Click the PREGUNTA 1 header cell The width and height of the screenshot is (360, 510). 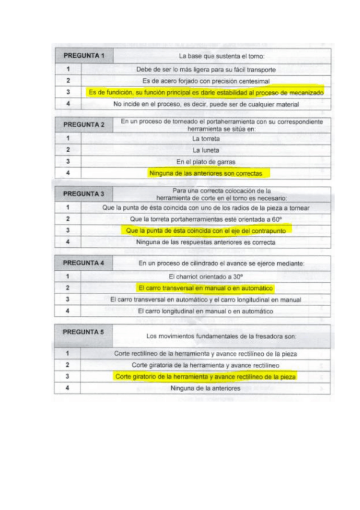[x=84, y=56]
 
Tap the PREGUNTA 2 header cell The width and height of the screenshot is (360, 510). [x=84, y=124]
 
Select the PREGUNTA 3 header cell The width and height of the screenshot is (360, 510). [x=84, y=194]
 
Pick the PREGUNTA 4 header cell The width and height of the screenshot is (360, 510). [x=84, y=263]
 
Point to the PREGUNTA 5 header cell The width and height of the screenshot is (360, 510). [x=84, y=332]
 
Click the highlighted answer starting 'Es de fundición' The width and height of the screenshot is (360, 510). [x=206, y=93]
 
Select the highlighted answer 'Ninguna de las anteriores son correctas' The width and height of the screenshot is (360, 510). [x=206, y=173]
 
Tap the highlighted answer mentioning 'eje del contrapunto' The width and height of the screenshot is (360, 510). [x=206, y=230]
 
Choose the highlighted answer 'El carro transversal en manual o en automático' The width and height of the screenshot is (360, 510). [x=206, y=288]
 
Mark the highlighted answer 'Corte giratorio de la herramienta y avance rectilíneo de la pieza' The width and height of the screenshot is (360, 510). [x=206, y=376]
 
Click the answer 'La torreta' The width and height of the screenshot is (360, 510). [x=206, y=138]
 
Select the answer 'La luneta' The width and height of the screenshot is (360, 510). [x=206, y=150]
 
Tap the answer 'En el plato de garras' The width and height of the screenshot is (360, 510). [x=206, y=162]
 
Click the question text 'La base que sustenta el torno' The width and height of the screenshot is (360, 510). [x=222, y=56]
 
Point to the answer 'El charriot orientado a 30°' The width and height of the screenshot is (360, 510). [x=206, y=277]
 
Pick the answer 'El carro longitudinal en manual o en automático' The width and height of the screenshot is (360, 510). [x=206, y=312]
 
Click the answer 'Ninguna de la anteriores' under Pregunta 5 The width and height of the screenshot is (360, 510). [x=206, y=389]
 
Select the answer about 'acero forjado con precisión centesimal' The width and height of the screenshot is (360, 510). [x=206, y=81]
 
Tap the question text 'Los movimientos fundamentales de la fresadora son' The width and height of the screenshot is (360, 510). [x=222, y=336]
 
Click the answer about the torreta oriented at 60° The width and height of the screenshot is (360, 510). [x=206, y=219]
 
